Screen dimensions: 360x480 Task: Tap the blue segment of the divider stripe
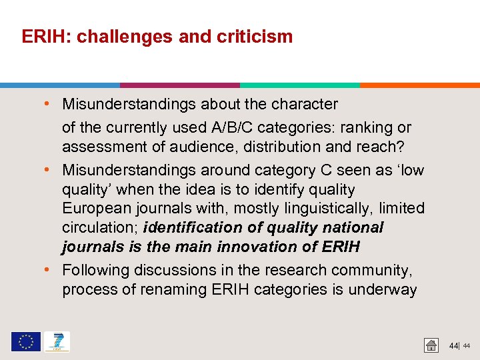[60, 85]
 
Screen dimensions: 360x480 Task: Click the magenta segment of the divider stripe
[180, 85]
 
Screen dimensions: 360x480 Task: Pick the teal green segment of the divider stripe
[300, 85]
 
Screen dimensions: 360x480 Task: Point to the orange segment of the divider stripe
[420, 85]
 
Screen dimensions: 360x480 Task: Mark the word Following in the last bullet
[96, 270]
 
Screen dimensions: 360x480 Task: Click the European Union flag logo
[26, 342]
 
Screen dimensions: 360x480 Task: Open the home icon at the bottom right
[431, 345]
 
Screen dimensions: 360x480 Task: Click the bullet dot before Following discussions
[52, 270]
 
